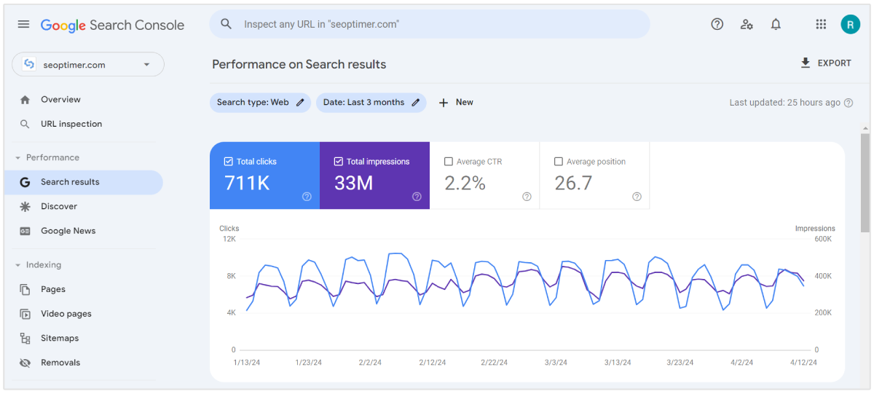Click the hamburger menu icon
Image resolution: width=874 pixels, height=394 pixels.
[23, 24]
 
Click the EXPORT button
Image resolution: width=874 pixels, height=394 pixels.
[826, 63]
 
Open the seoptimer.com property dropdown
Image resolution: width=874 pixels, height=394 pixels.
[88, 65]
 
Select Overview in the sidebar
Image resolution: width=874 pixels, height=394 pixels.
[60, 100]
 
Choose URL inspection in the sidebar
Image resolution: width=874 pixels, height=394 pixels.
[71, 124]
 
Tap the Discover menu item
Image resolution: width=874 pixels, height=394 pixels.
[58, 207]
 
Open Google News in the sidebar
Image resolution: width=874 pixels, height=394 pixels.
[68, 231]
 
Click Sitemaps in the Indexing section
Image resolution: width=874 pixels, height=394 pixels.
[59, 339]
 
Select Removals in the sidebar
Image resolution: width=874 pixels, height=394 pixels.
[60, 363]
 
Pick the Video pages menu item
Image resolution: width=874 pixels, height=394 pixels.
[66, 314]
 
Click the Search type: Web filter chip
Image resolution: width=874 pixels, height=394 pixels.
[260, 103]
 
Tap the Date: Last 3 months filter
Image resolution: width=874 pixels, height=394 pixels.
[371, 103]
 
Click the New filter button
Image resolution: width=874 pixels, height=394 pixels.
[456, 103]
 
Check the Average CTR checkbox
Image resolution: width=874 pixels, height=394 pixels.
[449, 162]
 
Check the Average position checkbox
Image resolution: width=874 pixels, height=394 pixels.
[559, 162]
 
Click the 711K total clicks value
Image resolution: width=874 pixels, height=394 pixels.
[247, 184]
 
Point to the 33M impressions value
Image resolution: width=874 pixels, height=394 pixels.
[353, 184]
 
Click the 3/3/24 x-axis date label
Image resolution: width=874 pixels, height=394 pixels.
[556, 362]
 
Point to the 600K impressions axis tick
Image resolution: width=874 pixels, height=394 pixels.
[823, 239]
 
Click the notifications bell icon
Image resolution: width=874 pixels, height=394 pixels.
[776, 24]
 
